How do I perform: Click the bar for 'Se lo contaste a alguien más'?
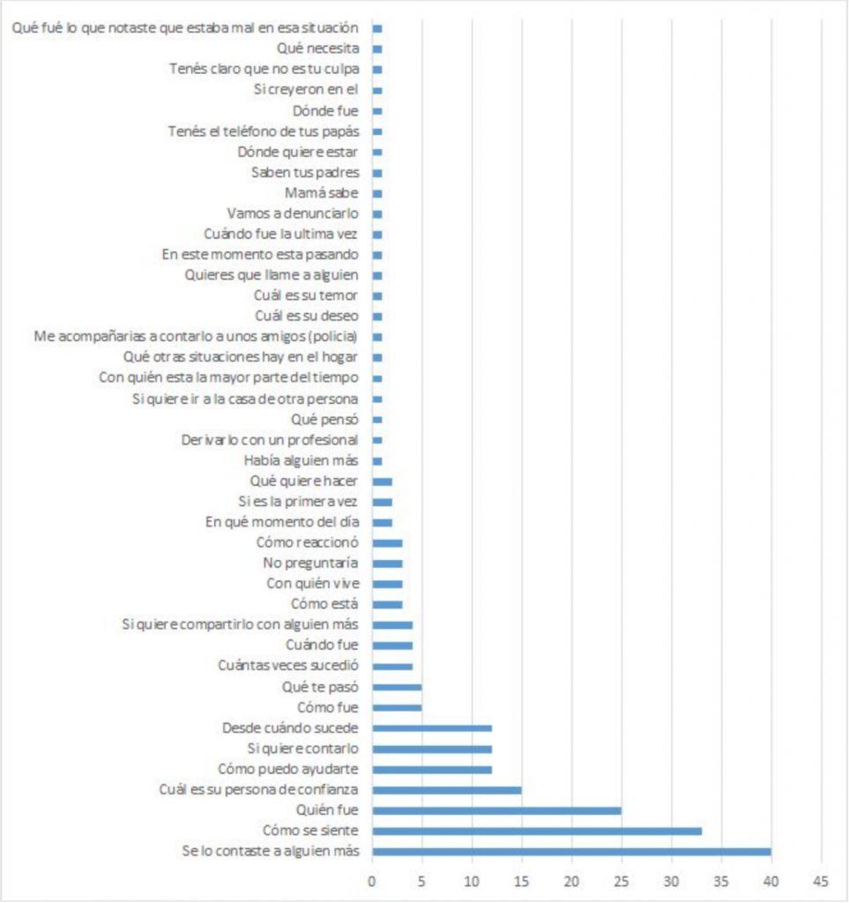click(571, 852)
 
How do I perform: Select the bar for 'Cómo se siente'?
click(537, 831)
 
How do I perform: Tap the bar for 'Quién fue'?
click(496, 811)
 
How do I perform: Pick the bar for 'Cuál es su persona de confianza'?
click(447, 790)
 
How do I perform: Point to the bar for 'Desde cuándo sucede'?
click(432, 728)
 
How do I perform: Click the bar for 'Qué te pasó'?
click(397, 687)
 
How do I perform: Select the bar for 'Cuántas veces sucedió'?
click(392, 667)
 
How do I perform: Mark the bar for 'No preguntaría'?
click(387, 563)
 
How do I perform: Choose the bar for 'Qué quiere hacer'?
click(383, 481)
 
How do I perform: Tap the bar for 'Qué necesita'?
click(377, 49)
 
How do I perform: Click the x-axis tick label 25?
click(622, 881)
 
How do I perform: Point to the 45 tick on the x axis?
click(821, 881)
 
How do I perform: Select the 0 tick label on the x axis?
click(372, 881)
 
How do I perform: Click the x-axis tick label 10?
click(472, 881)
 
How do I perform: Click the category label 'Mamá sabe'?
click(321, 193)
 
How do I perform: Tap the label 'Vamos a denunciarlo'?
click(293, 213)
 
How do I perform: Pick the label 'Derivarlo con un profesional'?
click(270, 441)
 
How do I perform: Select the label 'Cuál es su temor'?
click(306, 296)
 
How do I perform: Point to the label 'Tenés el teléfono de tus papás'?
click(264, 132)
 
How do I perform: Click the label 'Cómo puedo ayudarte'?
click(287, 769)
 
